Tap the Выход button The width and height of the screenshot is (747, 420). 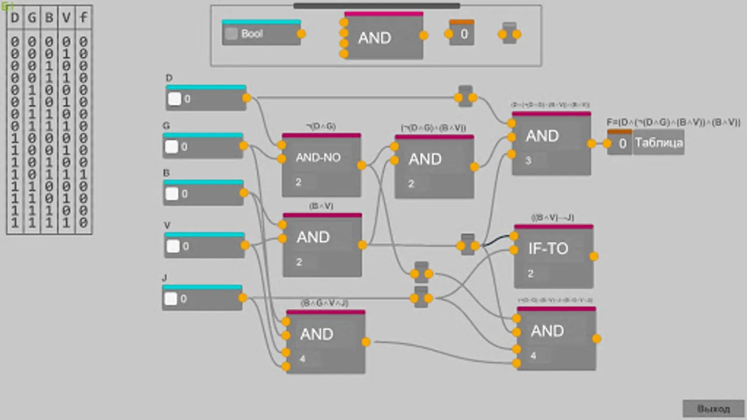coord(713,408)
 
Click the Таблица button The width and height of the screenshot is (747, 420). coord(658,143)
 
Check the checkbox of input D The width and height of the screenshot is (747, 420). coord(174,98)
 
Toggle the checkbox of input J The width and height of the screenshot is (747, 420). coord(171,299)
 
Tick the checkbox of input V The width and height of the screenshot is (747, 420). coord(173,246)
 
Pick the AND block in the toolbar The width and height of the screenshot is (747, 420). coord(383,37)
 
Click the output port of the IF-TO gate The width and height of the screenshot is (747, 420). coord(594,256)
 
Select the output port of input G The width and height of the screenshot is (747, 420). coord(243,146)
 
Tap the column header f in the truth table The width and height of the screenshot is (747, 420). coord(83,18)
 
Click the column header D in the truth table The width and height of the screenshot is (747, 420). coord(15,18)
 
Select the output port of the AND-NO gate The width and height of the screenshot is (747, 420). coord(361,165)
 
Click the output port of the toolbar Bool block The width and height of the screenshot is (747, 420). coord(301,34)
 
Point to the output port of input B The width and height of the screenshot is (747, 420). coord(244,193)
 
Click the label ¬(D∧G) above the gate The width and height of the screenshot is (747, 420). coord(321,126)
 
